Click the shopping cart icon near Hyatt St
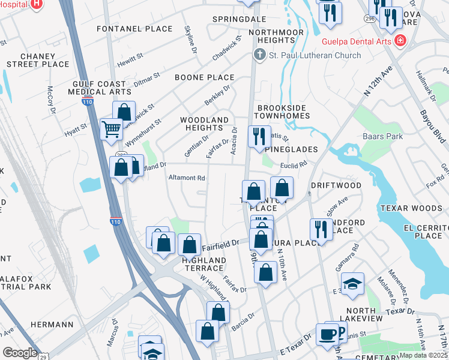click(112, 128)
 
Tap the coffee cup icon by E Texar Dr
click(328, 334)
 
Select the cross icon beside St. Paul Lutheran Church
click(259, 55)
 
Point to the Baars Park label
click(383, 137)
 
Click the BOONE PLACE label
click(204, 77)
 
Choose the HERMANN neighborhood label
click(53, 325)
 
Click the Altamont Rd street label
click(187, 178)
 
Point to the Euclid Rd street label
click(294, 163)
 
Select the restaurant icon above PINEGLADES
click(259, 136)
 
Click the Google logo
click(20, 353)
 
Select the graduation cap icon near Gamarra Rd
click(352, 283)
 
